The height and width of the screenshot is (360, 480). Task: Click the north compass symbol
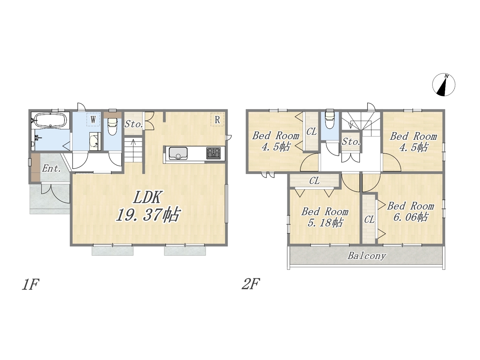[444, 85]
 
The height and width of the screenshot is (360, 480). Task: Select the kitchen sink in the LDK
[178, 153]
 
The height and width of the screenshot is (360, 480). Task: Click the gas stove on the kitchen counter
[213, 153]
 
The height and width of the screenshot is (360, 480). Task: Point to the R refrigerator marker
[217, 120]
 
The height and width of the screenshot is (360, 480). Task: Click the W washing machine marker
[93, 120]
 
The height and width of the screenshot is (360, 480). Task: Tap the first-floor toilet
[112, 126]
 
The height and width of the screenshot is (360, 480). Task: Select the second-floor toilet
[330, 120]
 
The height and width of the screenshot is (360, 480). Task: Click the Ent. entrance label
[51, 168]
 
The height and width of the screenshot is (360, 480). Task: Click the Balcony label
[367, 256]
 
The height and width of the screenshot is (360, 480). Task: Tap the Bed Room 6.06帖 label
[411, 211]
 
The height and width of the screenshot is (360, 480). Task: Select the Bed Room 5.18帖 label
[325, 217]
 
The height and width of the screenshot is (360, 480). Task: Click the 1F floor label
[30, 284]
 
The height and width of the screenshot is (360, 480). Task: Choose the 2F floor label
[250, 284]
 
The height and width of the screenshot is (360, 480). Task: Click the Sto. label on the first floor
[133, 124]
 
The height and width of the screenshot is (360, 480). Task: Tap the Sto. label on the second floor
[351, 142]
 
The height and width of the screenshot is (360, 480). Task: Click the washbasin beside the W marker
[95, 141]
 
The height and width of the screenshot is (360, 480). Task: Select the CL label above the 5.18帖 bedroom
[315, 181]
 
